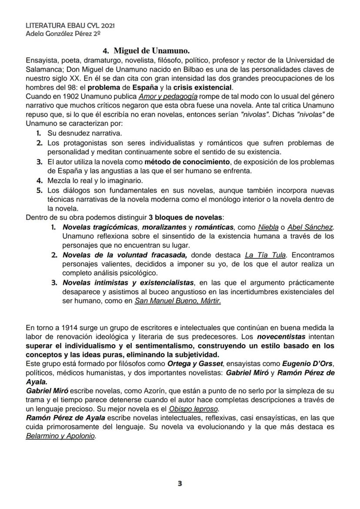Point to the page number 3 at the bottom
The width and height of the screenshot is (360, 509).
point(180,483)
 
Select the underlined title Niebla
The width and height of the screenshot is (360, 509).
point(268,227)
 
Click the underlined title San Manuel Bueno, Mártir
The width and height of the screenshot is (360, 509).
point(177,300)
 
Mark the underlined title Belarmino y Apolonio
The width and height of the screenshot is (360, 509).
point(60,436)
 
